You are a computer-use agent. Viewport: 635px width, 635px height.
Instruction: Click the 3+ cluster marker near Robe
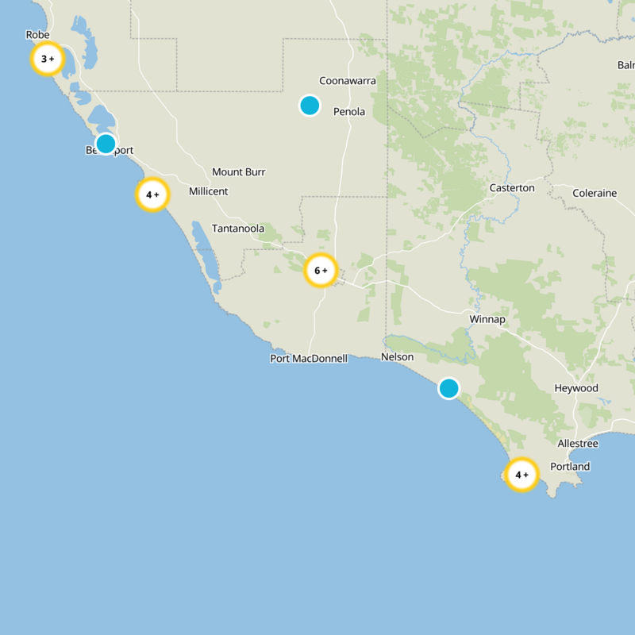click(x=48, y=59)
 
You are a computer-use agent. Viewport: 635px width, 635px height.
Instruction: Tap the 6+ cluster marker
click(x=321, y=271)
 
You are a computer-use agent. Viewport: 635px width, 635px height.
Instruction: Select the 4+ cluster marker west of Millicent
click(x=152, y=194)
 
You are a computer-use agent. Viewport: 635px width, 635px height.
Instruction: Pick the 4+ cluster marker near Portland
click(x=521, y=475)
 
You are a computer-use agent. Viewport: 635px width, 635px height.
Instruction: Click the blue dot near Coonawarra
click(x=310, y=105)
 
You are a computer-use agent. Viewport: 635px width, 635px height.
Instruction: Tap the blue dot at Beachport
click(x=106, y=144)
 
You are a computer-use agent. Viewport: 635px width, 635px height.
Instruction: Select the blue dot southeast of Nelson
click(x=448, y=388)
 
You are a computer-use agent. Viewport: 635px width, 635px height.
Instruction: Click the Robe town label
click(x=37, y=35)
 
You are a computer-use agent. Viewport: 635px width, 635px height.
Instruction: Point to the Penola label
click(x=349, y=112)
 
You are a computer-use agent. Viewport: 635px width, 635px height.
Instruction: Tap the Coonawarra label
click(x=348, y=81)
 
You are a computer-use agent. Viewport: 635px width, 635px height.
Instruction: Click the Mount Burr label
click(x=238, y=172)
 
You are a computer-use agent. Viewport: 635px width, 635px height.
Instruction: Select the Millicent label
click(x=208, y=191)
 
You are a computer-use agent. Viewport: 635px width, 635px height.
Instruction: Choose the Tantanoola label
click(x=237, y=229)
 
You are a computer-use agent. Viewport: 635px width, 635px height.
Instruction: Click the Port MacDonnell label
click(x=309, y=359)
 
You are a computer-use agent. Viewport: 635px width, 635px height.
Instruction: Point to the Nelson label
click(x=397, y=357)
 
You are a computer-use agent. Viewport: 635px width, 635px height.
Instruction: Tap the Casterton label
click(x=512, y=188)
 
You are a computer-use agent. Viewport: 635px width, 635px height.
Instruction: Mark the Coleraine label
click(x=595, y=193)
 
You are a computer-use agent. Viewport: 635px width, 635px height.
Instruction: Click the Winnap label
click(x=487, y=319)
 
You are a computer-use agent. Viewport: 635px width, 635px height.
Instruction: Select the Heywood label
click(x=576, y=388)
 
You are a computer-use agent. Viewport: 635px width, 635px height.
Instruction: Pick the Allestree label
click(x=578, y=443)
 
